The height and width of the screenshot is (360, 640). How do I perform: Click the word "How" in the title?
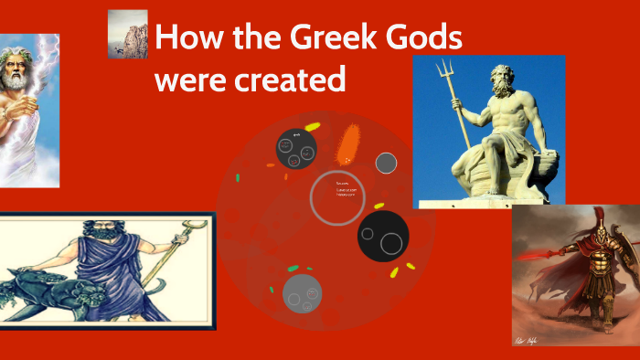191,39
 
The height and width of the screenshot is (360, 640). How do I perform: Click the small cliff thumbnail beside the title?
127,34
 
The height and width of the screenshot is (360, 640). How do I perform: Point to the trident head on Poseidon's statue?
443,69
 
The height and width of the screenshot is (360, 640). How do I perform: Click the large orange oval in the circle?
348,143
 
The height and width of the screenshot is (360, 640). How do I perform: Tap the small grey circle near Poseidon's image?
386,163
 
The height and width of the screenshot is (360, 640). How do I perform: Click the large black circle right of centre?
382,237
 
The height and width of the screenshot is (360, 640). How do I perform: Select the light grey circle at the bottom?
302,293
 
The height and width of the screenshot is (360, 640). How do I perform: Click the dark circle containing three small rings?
296,148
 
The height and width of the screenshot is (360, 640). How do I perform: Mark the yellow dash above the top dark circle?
312,126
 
